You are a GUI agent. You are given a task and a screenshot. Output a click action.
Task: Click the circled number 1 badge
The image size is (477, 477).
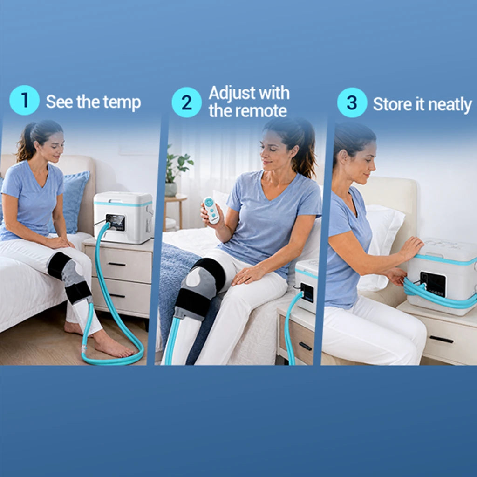point(24,100)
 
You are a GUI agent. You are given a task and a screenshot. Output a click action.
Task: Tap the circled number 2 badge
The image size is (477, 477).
point(186,102)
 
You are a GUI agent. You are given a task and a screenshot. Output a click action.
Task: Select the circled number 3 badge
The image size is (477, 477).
point(352,102)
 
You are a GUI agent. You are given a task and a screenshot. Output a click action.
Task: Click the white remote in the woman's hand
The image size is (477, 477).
point(211,211)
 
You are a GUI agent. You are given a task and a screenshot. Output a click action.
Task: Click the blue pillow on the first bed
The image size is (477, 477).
point(72,201)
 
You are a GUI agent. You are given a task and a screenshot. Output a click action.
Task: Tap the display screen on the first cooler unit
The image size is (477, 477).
point(116,222)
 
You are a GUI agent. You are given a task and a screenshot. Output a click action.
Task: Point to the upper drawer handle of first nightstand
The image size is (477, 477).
point(117,264)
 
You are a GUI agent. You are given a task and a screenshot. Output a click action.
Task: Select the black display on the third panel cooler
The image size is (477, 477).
point(433,284)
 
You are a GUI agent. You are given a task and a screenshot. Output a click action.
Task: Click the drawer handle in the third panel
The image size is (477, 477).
point(441,339)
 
